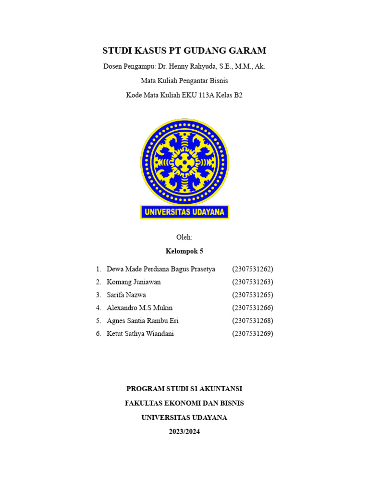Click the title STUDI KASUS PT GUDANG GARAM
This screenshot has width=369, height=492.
pos(184,51)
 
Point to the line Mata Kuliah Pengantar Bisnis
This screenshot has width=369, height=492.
pos(184,81)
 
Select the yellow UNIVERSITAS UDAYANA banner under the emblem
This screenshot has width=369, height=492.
pos(184,212)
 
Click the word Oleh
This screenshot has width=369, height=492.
pos(184,237)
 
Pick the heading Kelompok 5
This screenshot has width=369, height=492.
pos(184,251)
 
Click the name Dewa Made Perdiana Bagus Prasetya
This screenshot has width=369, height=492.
pos(160,269)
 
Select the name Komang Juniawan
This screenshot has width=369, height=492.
pos(134,282)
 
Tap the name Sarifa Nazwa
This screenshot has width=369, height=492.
pos(126,295)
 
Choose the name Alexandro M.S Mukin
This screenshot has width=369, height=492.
pos(139,308)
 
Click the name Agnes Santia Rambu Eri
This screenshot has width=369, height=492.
pos(142,321)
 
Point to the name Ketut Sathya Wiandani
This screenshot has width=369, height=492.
pos(140,334)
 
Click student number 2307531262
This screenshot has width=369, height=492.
pos(252,269)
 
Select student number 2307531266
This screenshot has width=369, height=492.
pos(252,308)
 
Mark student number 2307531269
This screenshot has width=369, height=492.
pos(252,334)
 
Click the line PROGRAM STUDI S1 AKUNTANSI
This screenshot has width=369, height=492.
pos(184,389)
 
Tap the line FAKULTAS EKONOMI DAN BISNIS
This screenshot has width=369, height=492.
pos(184,403)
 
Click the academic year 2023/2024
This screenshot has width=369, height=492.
pos(184,431)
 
